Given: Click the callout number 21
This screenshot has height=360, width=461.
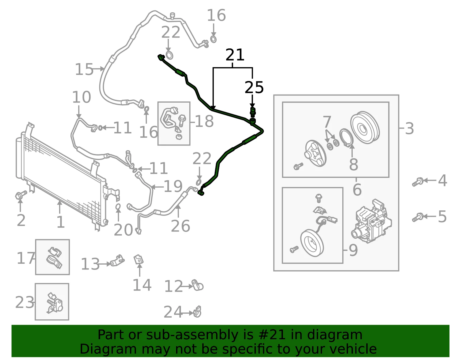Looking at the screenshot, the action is [235, 54].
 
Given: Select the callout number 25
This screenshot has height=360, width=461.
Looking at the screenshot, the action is [254, 87].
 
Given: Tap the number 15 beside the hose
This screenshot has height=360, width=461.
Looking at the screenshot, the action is [84, 69].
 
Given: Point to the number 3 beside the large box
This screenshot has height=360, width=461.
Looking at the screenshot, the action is [409, 128].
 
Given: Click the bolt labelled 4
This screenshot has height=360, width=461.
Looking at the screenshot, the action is [418, 182].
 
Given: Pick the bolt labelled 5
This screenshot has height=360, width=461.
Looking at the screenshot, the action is [418, 217].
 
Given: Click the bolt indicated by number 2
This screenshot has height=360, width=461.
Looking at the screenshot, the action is [21, 195].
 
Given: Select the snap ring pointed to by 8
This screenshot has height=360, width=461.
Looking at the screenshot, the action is [346, 138].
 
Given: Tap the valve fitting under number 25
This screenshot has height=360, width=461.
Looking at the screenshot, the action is [253, 112].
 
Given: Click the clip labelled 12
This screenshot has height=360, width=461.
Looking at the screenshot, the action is [198, 285].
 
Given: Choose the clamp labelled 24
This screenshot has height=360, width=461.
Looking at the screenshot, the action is [197, 312].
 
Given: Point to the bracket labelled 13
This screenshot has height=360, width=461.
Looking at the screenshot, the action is [117, 261].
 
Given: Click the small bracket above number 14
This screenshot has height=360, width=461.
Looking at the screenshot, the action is [139, 259].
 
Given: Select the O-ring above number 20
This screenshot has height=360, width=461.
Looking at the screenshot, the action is [118, 206].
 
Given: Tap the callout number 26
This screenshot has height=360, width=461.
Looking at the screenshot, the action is [180, 226].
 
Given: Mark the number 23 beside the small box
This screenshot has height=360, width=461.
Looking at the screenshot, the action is [24, 302].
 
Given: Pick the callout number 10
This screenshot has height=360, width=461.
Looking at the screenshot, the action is [82, 97].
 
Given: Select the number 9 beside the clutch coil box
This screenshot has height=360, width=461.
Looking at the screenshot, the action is [353, 250].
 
